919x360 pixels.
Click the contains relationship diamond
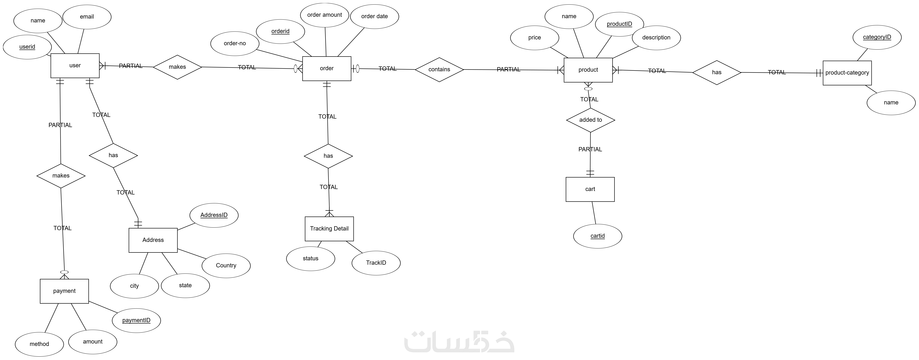click(439, 70)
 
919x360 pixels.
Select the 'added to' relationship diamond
click(590, 120)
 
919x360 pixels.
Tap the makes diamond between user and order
click(177, 67)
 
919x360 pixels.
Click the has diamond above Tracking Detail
click(328, 156)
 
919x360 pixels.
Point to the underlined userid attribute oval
click(27, 47)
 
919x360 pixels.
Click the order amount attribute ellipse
click(325, 15)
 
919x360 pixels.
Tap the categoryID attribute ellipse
click(877, 37)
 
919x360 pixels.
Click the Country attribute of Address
click(226, 265)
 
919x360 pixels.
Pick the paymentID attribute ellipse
click(136, 320)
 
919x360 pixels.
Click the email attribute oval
click(87, 17)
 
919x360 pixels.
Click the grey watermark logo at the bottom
click(459, 342)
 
